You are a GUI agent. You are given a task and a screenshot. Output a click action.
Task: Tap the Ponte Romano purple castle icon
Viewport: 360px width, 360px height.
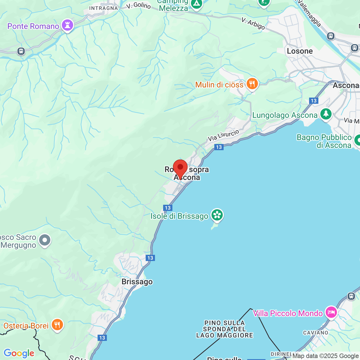67,25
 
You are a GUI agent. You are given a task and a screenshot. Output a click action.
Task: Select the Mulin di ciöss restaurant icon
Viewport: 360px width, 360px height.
252,84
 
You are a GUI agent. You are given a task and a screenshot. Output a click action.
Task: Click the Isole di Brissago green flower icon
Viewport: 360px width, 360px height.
217,215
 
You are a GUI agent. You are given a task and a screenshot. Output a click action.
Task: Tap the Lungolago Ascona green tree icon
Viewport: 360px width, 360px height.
326,114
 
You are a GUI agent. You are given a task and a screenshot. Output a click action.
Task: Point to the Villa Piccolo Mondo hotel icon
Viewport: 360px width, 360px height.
331,312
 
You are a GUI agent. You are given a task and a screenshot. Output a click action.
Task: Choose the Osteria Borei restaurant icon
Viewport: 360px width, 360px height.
57,325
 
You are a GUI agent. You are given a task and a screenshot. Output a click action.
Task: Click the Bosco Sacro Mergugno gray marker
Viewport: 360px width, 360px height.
45,240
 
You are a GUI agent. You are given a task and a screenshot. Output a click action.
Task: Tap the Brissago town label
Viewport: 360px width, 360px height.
137,282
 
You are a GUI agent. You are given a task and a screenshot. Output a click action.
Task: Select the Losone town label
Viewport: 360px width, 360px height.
300,51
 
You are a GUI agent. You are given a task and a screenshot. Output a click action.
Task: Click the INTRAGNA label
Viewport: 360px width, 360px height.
103,8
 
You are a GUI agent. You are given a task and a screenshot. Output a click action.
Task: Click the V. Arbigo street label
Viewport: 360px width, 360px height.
253,24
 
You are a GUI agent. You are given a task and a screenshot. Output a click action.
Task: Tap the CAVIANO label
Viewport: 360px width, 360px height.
316,333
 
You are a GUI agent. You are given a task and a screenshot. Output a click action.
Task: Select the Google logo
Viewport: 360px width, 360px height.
19,353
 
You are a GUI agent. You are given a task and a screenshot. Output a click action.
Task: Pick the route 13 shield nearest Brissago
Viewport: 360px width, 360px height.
150,258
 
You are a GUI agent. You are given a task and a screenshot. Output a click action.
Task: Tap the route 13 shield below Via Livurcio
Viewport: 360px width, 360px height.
219,147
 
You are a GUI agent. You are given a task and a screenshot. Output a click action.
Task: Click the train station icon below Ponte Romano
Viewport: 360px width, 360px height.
21,51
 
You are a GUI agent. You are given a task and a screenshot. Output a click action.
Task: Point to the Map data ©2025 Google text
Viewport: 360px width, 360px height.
325,356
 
